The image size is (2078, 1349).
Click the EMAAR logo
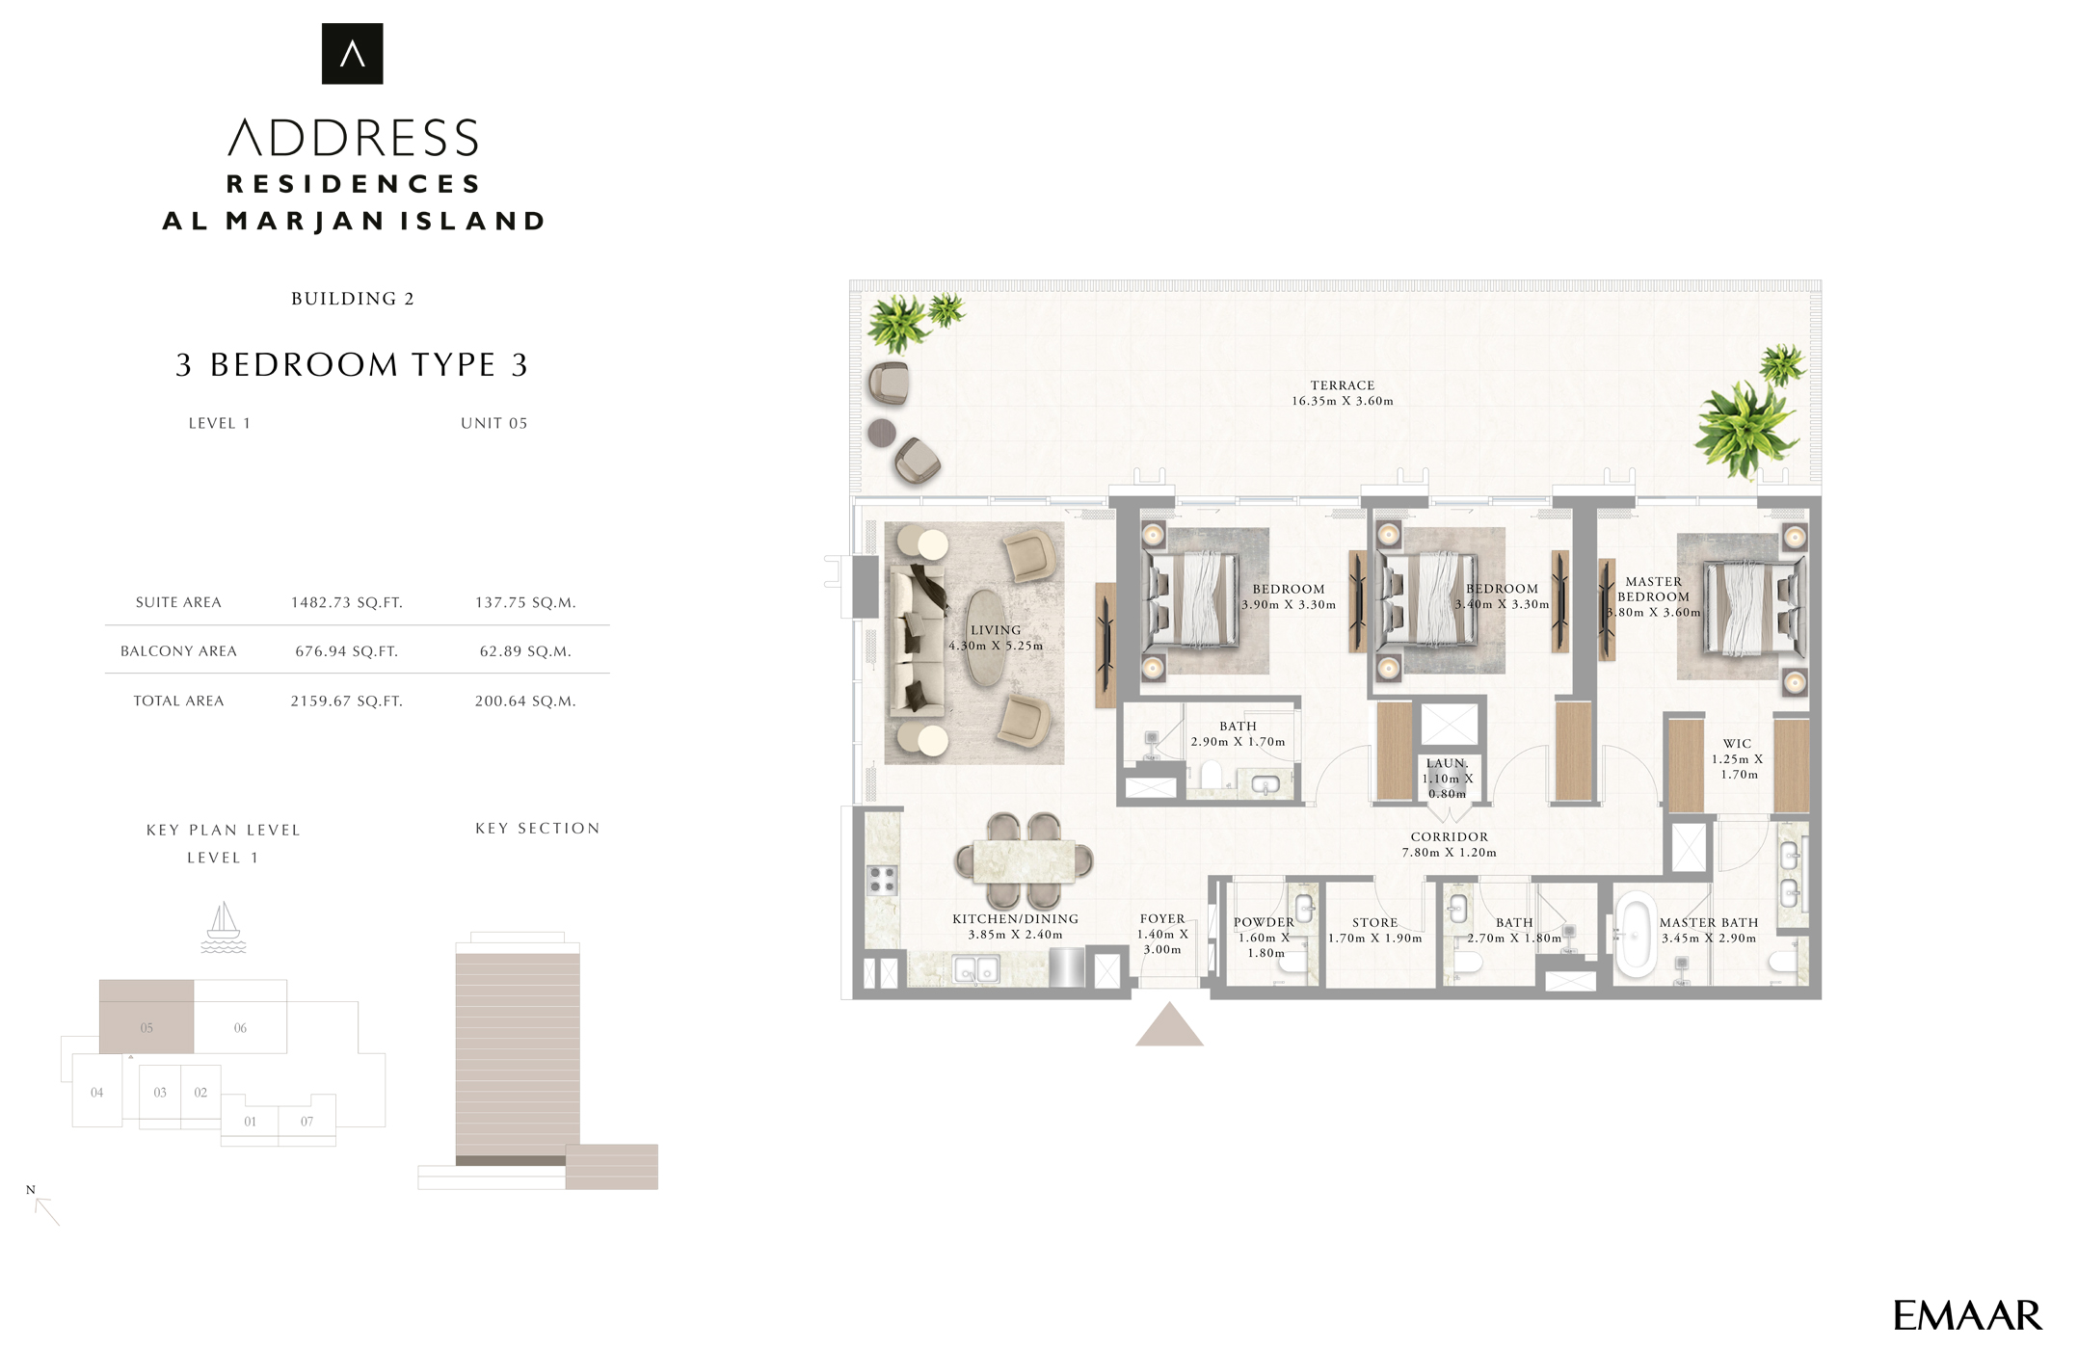(1966, 1315)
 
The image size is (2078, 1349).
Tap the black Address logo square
(352, 54)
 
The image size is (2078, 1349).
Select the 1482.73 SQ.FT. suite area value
(347, 602)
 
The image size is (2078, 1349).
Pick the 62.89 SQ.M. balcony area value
(525, 651)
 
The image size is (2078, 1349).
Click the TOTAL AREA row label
(178, 701)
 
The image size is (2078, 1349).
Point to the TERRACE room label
(1343, 385)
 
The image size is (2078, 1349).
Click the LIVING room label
(996, 630)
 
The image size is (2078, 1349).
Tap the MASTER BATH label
(1709, 922)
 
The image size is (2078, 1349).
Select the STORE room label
(1374, 922)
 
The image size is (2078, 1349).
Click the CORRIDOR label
(1450, 836)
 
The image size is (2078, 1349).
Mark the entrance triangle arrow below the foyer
(1169, 1024)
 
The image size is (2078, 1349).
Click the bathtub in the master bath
(1635, 935)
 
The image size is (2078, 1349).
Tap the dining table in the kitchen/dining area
(1024, 861)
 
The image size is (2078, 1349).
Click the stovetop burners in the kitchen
(883, 881)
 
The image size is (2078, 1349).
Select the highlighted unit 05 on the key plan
(147, 1017)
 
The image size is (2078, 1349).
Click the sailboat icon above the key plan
(224, 927)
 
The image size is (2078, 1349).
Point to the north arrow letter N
(31, 1190)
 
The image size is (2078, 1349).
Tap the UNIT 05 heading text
(494, 423)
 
